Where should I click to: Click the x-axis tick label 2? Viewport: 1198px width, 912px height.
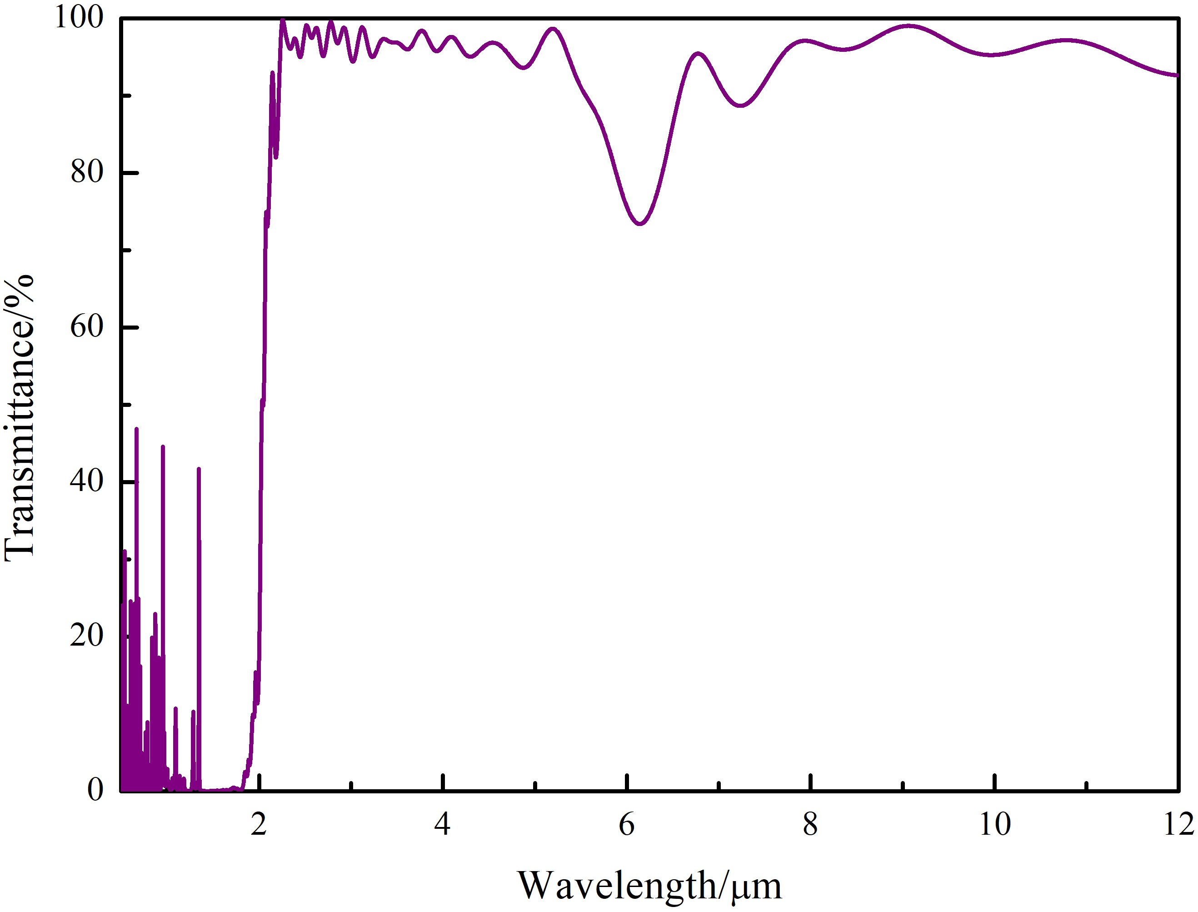259,826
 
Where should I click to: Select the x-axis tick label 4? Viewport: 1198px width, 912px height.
443,826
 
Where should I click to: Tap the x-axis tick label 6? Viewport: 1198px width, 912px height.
626,826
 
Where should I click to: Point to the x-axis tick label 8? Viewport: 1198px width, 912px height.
809,826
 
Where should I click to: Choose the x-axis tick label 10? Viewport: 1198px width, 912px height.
994,826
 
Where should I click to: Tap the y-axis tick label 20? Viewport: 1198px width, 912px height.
87,636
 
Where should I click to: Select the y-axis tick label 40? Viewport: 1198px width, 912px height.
87,481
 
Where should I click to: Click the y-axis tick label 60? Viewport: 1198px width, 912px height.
87,327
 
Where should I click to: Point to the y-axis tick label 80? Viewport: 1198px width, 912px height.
87,173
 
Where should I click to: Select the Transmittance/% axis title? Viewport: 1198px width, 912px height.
20,418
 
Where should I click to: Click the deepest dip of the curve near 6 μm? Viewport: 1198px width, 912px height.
641,223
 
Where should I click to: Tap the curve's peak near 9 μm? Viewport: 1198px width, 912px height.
909,25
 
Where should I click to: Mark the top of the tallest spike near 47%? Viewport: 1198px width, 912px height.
136,429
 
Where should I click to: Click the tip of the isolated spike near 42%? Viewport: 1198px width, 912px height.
199,468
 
